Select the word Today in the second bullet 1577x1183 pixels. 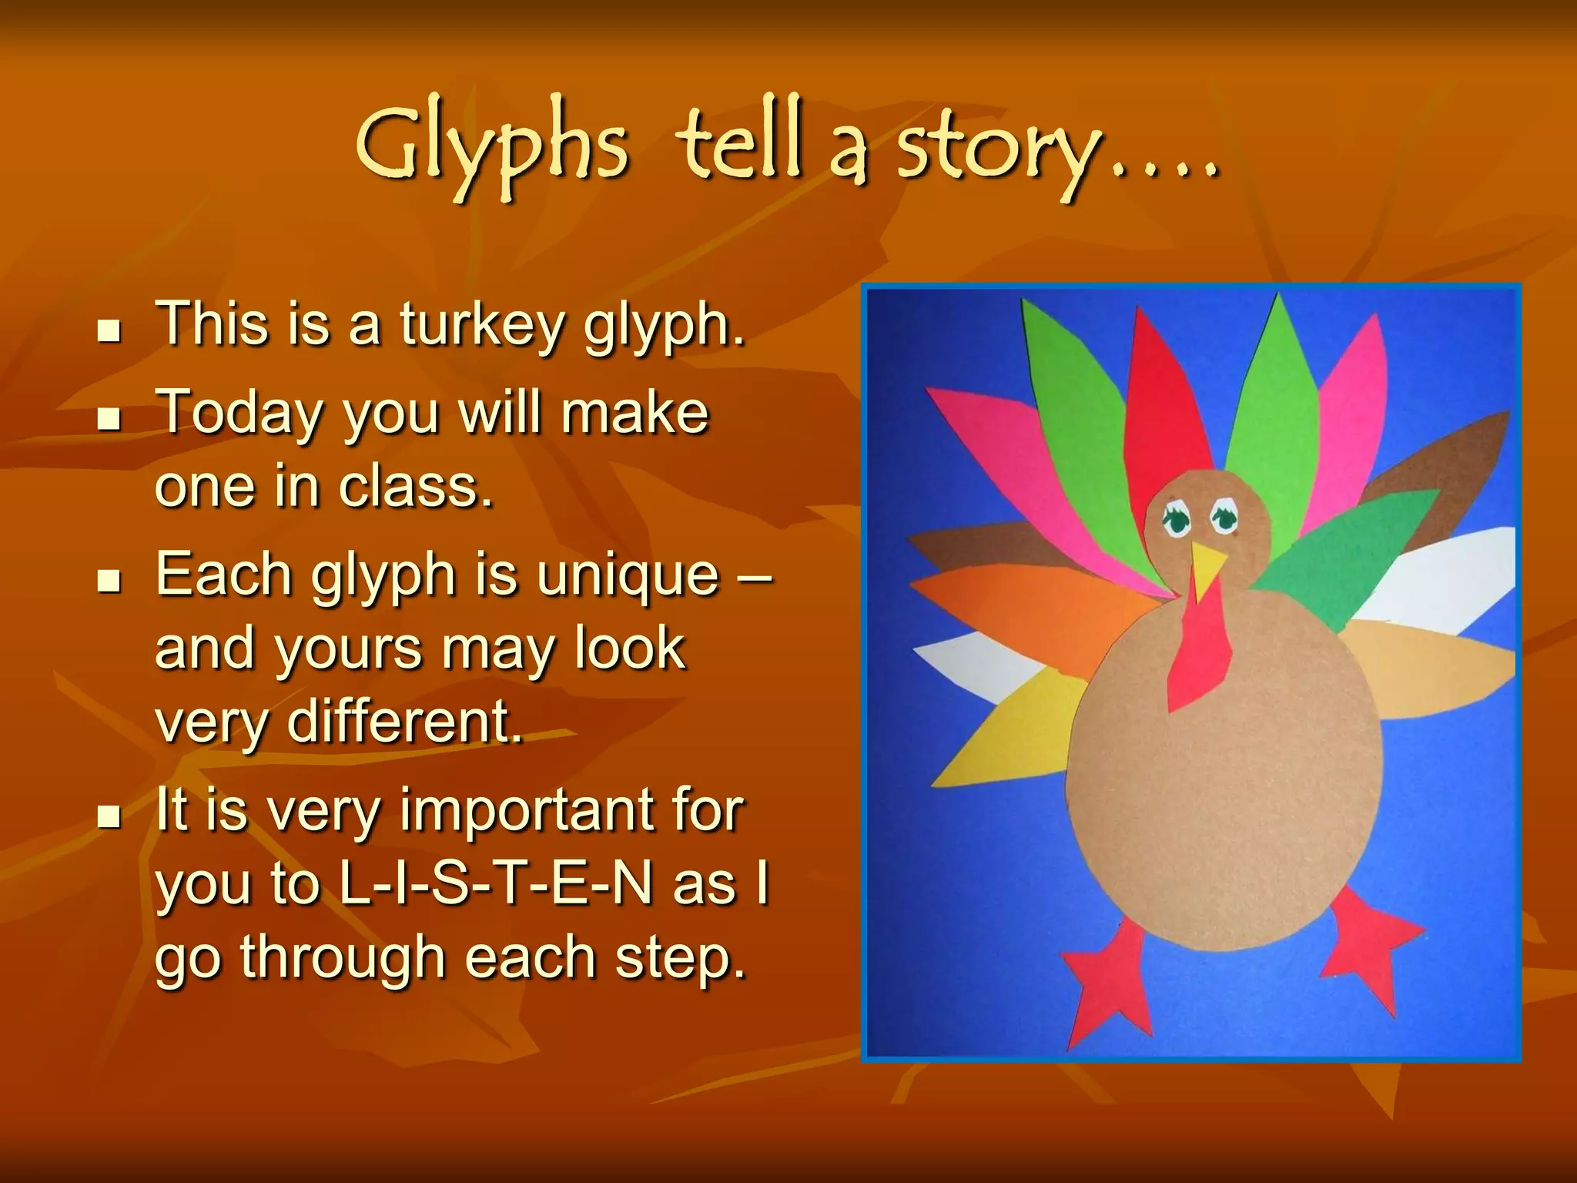click(x=239, y=414)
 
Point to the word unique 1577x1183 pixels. click(x=628, y=575)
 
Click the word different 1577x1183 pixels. click(x=401, y=722)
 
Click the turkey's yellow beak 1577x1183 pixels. click(x=1207, y=568)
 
